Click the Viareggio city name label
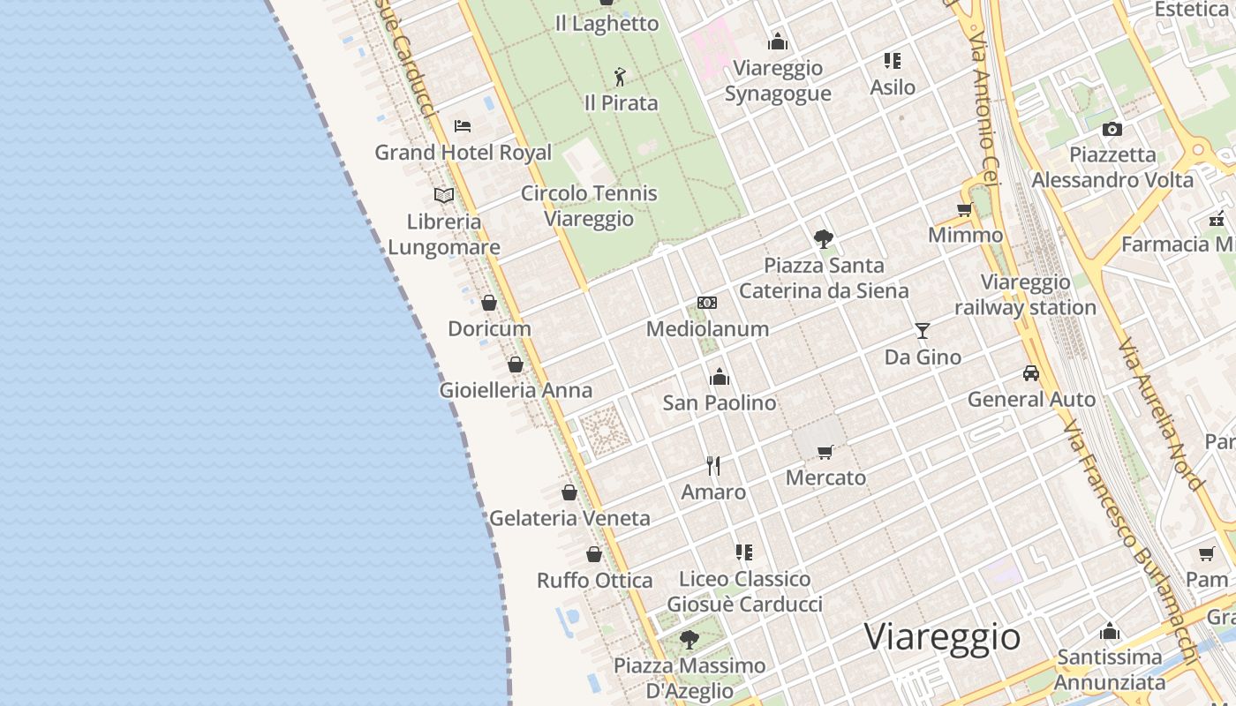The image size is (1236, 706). tap(942, 636)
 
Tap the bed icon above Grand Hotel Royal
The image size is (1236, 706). tap(463, 126)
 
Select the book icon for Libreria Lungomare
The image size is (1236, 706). tap(444, 195)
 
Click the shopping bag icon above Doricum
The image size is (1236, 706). tap(489, 303)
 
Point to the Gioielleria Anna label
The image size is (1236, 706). tap(516, 390)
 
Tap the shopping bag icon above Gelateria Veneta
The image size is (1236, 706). tap(569, 492)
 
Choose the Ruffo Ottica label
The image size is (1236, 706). tap(595, 581)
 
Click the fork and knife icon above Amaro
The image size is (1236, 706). tap(713, 465)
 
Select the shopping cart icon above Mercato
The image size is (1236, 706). tap(825, 452)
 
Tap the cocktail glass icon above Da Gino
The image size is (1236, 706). tap(923, 331)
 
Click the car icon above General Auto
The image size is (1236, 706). tap(1031, 373)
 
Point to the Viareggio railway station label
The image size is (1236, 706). tap(1025, 295)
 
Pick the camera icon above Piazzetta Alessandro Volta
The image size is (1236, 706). tap(1112, 129)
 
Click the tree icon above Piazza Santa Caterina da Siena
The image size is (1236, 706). tap(824, 238)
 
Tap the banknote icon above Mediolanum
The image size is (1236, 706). tap(707, 303)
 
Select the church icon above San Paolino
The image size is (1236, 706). tap(720, 377)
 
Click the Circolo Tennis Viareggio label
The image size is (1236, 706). tap(589, 206)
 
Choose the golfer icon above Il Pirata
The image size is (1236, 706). tap(621, 77)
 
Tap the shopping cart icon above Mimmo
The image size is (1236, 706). tap(965, 210)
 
